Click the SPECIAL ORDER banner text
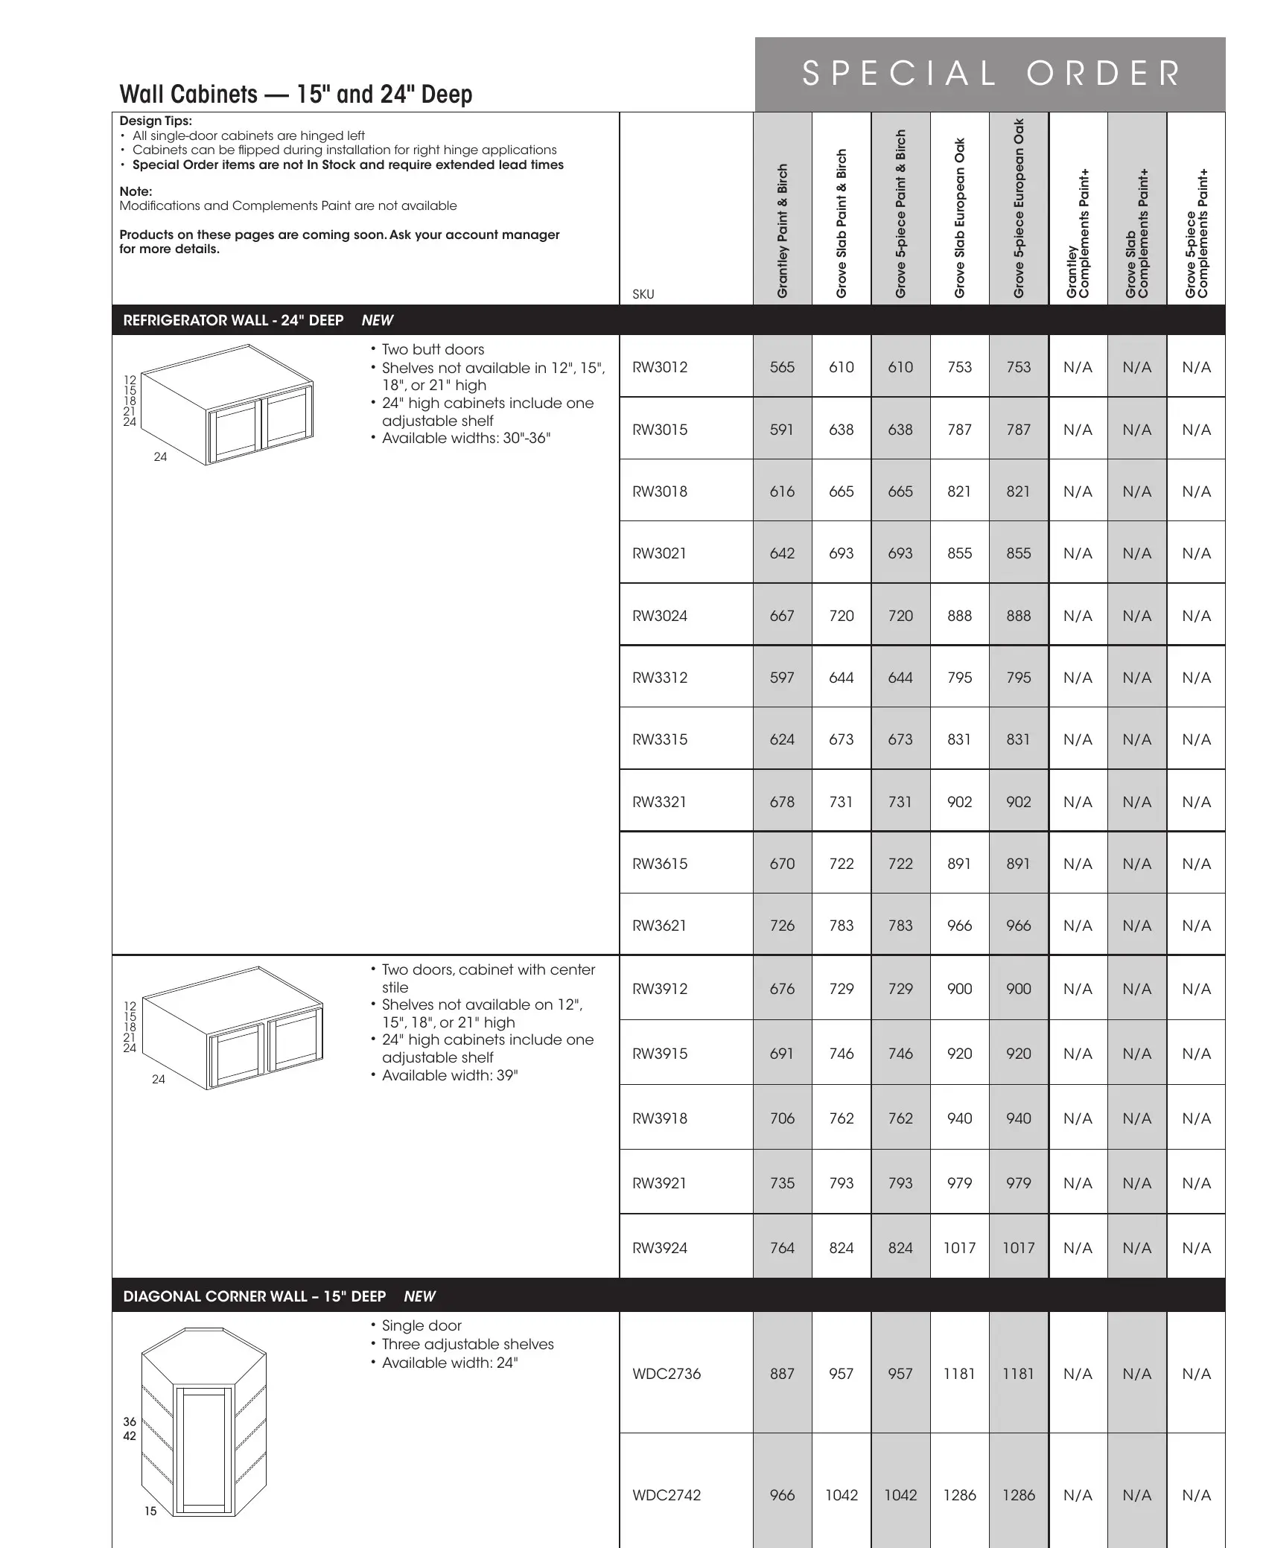990,74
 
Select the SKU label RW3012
660,367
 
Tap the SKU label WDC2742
667,1495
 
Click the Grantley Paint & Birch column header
782,231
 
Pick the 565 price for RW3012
782,367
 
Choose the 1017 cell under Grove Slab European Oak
959,1248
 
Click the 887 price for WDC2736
782,1374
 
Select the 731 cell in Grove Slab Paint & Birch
842,802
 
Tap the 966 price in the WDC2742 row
782,1495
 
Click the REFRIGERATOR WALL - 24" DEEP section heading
233,320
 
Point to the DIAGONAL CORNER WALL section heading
254,1296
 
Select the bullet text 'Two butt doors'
433,349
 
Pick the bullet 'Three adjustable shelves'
468,1344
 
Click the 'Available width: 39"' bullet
450,1075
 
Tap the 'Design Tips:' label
156,121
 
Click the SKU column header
643,294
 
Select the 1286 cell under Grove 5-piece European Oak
1019,1495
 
